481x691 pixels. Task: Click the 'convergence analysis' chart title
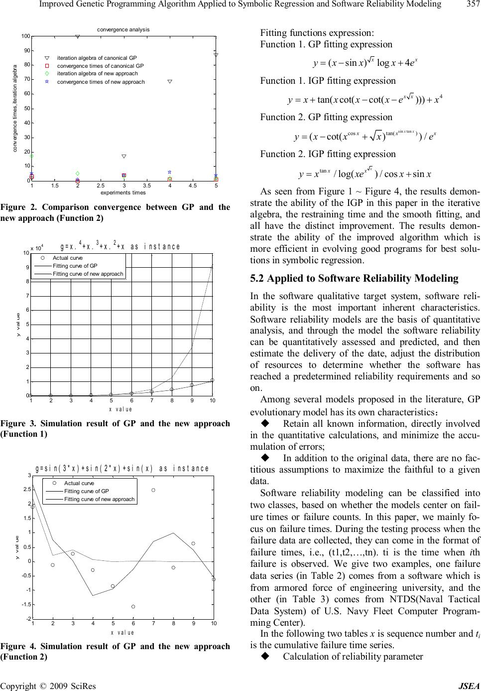tap(123, 29)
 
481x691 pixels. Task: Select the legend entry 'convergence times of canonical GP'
tap(100, 66)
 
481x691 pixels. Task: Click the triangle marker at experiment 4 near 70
tap(170, 81)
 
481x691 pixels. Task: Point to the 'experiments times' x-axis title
tap(123, 192)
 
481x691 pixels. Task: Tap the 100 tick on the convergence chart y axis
tap(25, 36)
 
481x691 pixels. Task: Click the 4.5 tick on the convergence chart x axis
tap(193, 185)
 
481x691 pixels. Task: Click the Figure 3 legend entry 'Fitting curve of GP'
tap(75, 266)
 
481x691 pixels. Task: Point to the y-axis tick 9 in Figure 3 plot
tap(27, 267)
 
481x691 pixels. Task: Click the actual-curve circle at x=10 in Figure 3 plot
tap(212, 380)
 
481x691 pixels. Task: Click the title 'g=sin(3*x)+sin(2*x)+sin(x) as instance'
tap(122, 469)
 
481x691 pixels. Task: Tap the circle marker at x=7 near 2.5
tap(153, 490)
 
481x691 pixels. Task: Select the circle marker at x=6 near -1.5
tap(133, 607)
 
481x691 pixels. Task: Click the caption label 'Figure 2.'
tap(16, 207)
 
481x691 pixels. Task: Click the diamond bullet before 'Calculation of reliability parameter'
tap(265, 656)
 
